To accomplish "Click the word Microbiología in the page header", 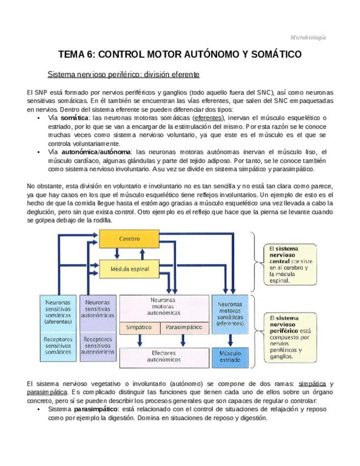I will click(308, 37).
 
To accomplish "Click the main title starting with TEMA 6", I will click(180, 55).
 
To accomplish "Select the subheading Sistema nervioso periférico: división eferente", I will click(123, 74).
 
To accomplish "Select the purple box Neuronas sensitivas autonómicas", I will click(97, 309).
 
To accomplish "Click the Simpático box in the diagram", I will click(139, 328).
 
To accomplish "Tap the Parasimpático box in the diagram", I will click(184, 328).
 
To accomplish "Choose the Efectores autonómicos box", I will click(164, 356).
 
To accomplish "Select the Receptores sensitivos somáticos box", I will click(58, 345).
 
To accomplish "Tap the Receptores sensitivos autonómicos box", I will click(97, 345).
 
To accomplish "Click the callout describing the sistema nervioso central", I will click(290, 264).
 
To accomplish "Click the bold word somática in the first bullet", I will click(75, 118).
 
